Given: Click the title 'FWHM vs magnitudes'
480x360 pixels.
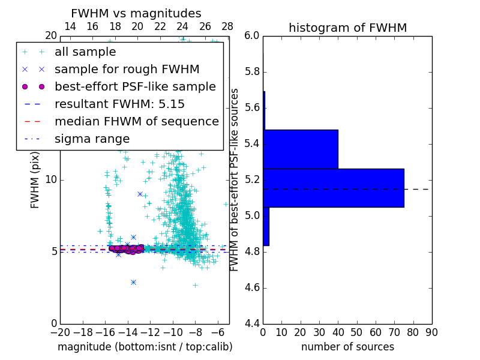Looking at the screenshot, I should coord(136,14).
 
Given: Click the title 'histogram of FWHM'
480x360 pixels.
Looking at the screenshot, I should coord(347,28).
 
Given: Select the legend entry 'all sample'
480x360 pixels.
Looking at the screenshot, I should coord(85,52).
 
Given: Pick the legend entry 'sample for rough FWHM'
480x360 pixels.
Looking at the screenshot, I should coord(127,69).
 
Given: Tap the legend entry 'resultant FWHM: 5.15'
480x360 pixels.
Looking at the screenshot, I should coord(119,104).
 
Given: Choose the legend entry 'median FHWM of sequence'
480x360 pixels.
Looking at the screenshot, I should coord(136,121).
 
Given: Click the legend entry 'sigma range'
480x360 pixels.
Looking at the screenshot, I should coord(92,139).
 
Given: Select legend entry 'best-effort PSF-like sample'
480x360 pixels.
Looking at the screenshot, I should coord(135,86).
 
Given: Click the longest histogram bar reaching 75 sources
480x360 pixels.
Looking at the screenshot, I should coord(333,188).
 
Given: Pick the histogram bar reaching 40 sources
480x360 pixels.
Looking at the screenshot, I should coord(300,149).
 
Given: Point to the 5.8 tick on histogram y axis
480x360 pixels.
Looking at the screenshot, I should coord(252,72).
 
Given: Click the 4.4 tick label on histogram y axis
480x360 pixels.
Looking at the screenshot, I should coord(252,323).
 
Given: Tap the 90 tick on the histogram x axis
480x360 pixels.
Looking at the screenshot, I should coord(431,332).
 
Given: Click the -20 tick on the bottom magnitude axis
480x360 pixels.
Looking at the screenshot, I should coord(60,332).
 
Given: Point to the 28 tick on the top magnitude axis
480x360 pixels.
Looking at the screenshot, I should coord(227,27).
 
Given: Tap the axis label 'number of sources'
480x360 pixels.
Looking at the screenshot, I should coord(347,347).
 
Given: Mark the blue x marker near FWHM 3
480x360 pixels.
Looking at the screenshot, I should coord(133,282).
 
